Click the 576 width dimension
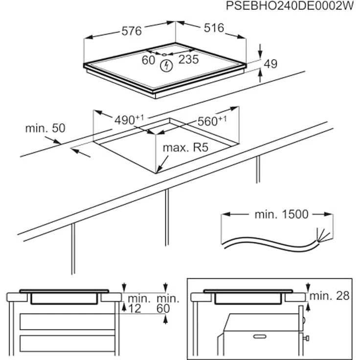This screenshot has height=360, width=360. tap(131, 31)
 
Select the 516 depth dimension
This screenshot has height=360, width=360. tap(214, 28)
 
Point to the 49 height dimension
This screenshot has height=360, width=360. tap(270, 64)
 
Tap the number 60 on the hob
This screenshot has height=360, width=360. tap(148, 60)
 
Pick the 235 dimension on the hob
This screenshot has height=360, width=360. tap(188, 60)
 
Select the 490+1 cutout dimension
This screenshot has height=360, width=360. tap(129, 119)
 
